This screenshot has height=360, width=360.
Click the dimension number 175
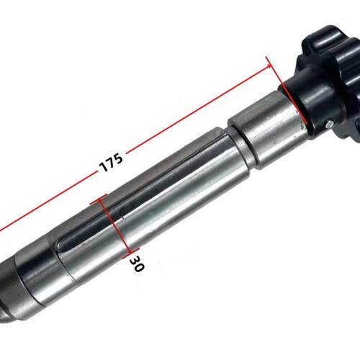[111, 163]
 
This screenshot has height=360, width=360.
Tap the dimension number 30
[137, 264]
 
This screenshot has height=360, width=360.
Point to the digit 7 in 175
[111, 162]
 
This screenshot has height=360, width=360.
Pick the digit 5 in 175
[119, 158]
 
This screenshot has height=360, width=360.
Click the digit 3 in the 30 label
[135, 259]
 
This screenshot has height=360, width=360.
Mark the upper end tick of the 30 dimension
[99, 199]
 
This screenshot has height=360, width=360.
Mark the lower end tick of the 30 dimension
[130, 253]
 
